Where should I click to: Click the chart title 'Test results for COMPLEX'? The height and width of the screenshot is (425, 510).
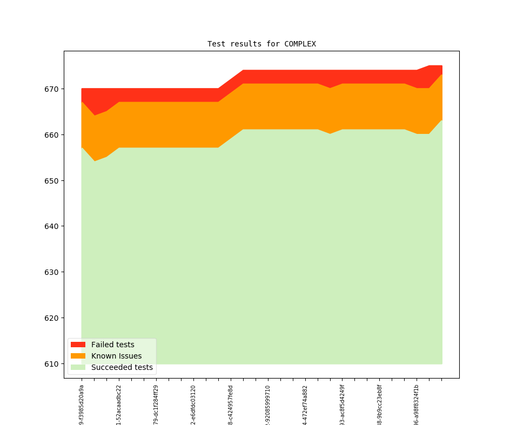(x=261, y=44)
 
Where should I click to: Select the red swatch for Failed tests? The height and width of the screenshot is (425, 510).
(x=78, y=345)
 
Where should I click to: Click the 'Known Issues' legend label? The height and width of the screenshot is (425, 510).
(x=116, y=356)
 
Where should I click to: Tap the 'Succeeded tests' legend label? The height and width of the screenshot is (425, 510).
(x=122, y=367)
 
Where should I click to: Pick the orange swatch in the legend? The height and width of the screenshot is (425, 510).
(x=78, y=356)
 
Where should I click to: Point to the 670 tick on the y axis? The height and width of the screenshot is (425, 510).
(x=52, y=89)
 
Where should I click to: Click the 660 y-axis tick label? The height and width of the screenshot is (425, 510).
(x=52, y=134)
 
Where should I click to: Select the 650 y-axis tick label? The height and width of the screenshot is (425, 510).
(x=52, y=180)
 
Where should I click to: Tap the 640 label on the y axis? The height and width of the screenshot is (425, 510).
(x=52, y=226)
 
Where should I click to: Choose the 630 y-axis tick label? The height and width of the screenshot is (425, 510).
(x=52, y=272)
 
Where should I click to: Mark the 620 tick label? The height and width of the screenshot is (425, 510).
(x=52, y=318)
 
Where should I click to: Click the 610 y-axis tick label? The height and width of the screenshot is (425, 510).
(x=52, y=364)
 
